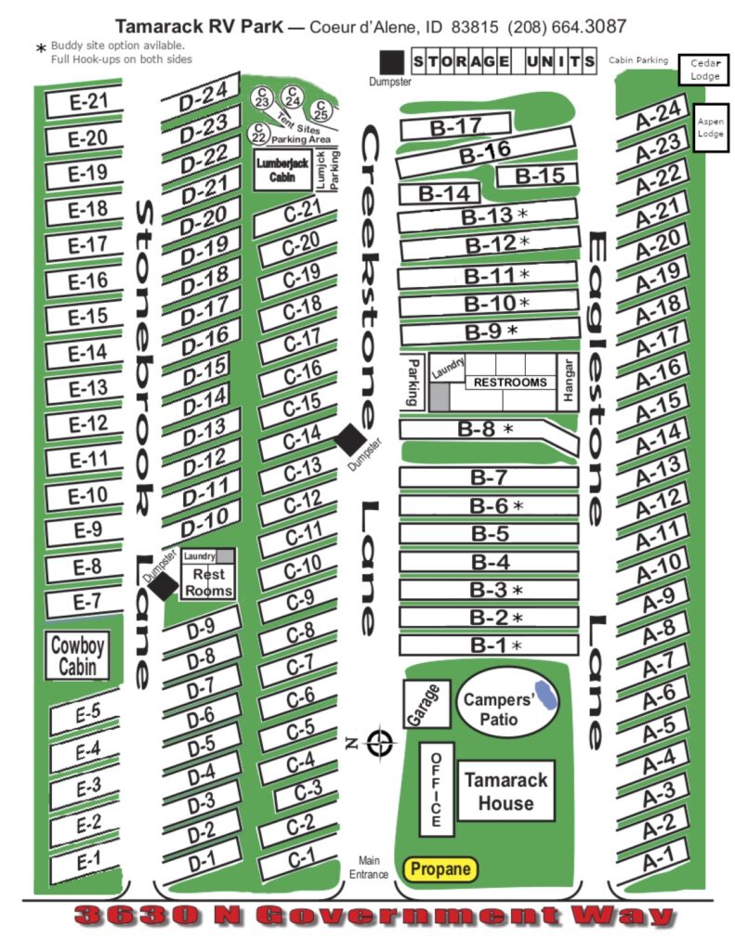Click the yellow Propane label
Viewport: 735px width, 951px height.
pos(440,868)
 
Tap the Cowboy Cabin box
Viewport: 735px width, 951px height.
pos(77,656)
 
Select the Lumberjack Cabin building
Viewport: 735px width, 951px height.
pos(282,170)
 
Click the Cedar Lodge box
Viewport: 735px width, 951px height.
pos(704,70)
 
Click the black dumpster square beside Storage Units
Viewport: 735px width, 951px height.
pos(391,62)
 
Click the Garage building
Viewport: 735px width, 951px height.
pos(427,704)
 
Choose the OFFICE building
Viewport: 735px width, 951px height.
pos(437,789)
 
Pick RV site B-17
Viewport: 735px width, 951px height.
pos(454,126)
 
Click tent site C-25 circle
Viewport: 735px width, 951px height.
pos(321,111)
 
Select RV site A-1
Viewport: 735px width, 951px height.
pos(653,860)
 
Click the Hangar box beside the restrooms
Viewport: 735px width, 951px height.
pos(568,381)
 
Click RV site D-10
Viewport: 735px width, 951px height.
pos(203,520)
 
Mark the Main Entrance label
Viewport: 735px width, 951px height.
pos(368,867)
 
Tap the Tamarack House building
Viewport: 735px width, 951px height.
pos(505,791)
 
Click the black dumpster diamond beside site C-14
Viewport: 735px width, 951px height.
pos(351,440)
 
